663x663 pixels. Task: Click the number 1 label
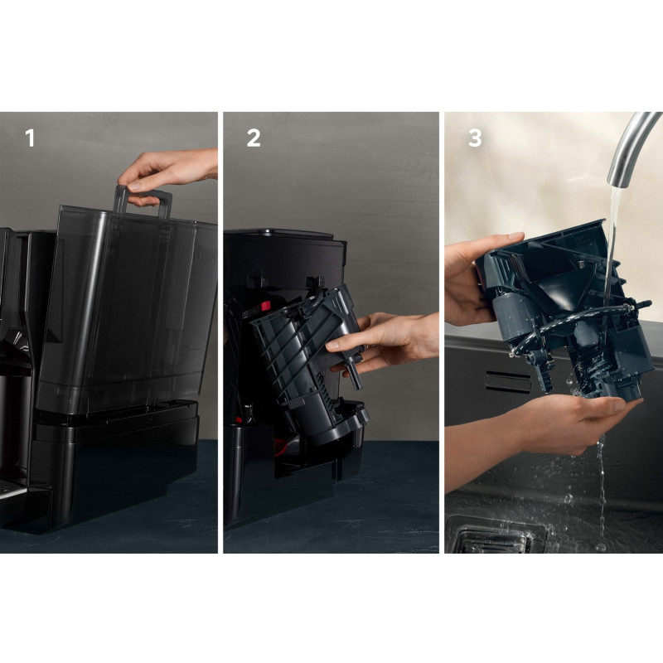coord(30,138)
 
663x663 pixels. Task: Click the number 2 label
coord(254,138)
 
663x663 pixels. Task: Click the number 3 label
coord(475,138)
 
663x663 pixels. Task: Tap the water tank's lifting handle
coord(143,201)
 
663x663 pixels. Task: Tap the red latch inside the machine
coord(265,306)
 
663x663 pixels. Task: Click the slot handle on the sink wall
coord(507,382)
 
